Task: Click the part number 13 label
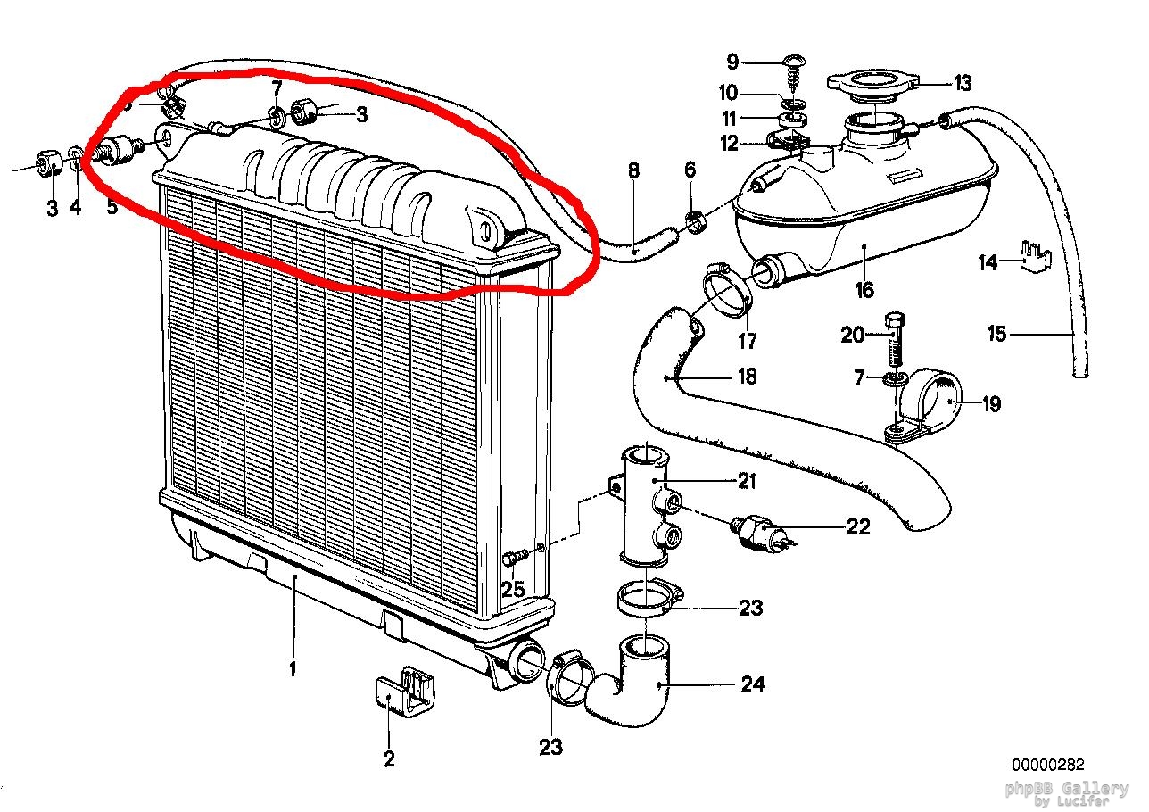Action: (x=962, y=84)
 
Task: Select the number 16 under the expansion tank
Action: (x=864, y=289)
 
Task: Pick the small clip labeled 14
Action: (x=1036, y=255)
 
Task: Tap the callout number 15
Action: (x=996, y=334)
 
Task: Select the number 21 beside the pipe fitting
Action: (x=746, y=481)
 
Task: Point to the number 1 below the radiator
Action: (x=293, y=668)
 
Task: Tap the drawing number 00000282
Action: (x=1047, y=765)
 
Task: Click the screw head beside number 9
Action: (x=791, y=62)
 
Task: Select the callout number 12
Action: (x=730, y=144)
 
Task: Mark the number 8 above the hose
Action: (x=633, y=170)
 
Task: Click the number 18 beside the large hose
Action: (x=747, y=377)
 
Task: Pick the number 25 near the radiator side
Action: (x=513, y=590)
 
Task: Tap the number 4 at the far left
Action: (x=76, y=209)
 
